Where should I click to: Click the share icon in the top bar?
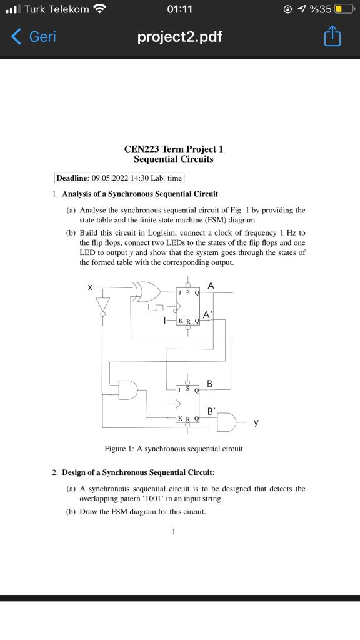click(332, 37)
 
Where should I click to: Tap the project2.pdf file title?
click(180, 37)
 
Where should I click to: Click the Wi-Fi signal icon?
click(99, 9)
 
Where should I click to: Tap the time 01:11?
click(180, 9)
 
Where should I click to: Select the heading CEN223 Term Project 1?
click(173, 149)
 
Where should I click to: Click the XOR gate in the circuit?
click(146, 291)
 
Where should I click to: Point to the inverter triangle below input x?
click(102, 304)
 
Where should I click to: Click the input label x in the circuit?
click(91, 287)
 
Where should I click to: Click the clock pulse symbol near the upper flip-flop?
click(156, 307)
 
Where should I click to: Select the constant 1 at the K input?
click(164, 320)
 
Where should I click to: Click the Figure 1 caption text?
click(174, 449)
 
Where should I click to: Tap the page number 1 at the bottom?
click(174, 532)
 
